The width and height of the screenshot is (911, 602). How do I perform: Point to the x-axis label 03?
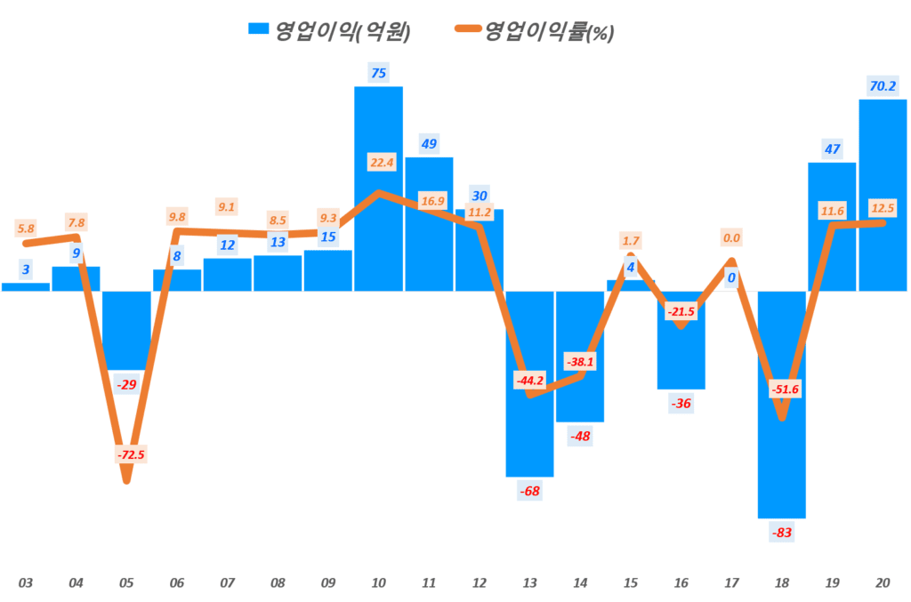pyautogui.click(x=26, y=583)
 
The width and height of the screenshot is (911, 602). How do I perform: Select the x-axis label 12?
pyautogui.click(x=479, y=583)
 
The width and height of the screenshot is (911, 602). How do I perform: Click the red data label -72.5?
pyautogui.click(x=130, y=454)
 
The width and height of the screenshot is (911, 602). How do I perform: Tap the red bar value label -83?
pyautogui.click(x=782, y=534)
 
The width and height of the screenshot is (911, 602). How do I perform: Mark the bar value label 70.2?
pyautogui.click(x=882, y=86)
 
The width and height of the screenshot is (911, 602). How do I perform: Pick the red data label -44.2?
pyautogui.click(x=529, y=381)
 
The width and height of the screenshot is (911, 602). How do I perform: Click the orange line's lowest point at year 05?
pyautogui.click(x=126, y=481)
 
